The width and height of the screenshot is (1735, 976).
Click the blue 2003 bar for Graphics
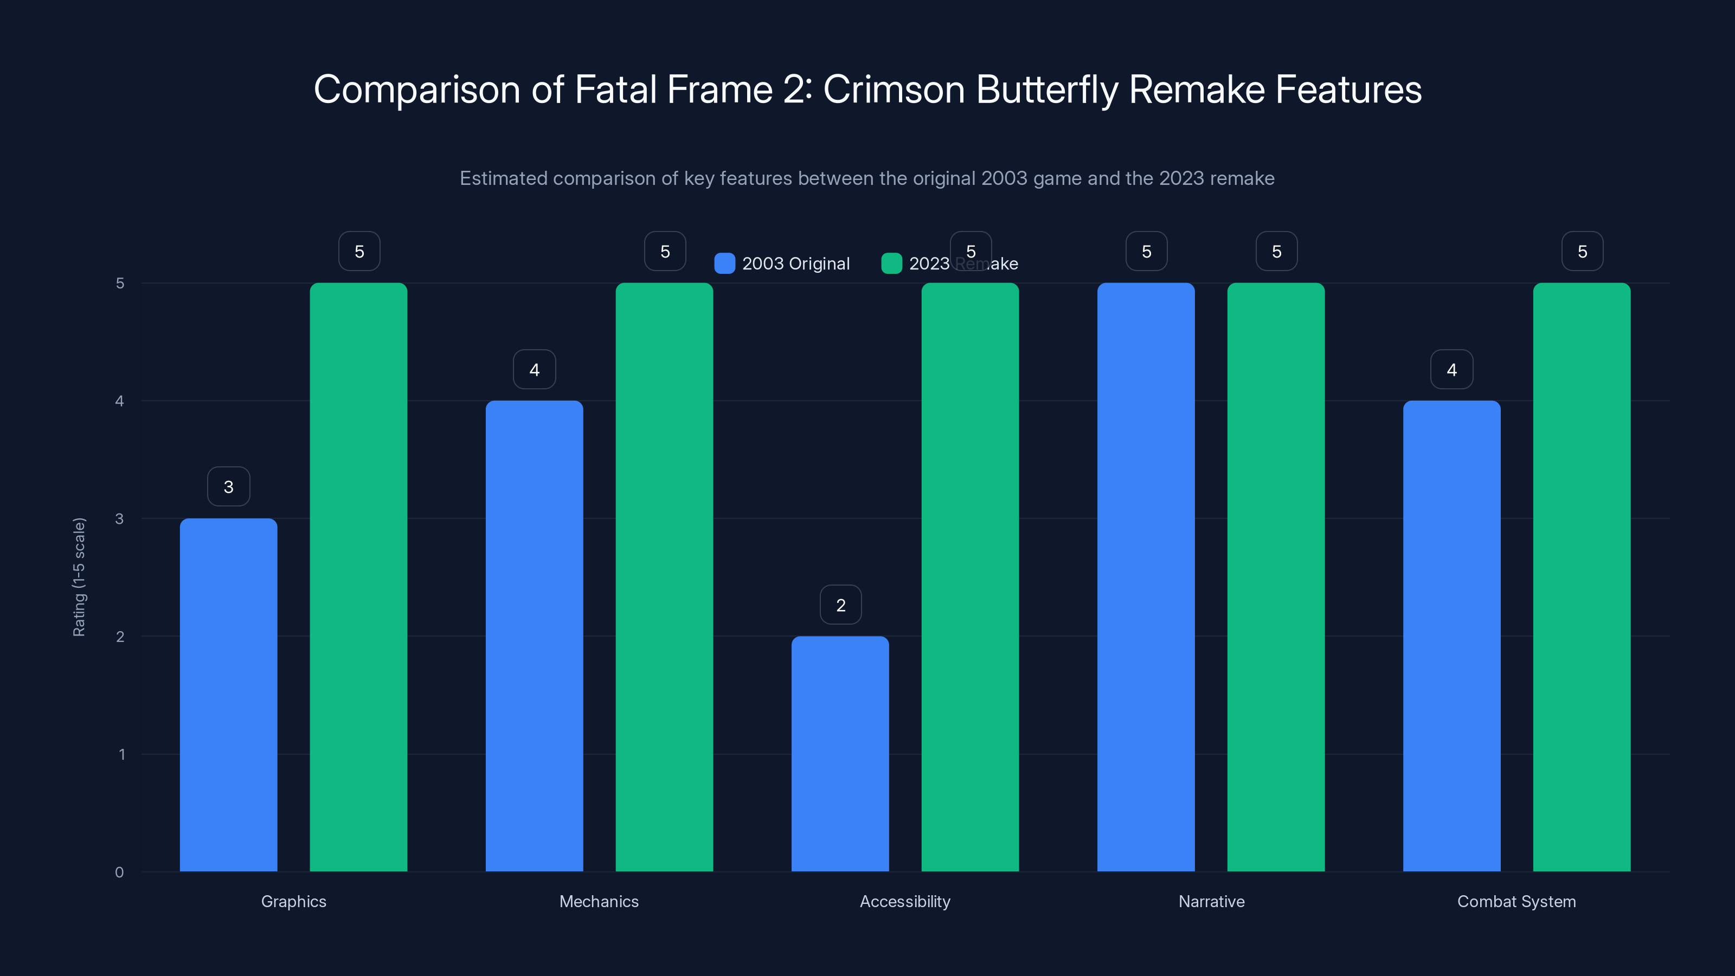pos(228,695)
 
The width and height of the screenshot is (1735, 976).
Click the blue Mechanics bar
pos(534,636)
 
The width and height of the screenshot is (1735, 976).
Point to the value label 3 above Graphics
pos(228,487)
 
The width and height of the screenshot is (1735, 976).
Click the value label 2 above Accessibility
pos(840,605)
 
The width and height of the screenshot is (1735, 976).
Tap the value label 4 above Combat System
pos(1451,370)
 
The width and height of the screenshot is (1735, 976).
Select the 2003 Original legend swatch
pos(724,264)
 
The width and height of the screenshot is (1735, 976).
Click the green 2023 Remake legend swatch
pos(891,264)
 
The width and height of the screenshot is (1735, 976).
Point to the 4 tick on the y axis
pos(120,401)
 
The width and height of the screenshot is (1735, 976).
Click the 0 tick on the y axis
pos(120,872)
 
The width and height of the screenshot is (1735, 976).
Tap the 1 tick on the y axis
pos(121,754)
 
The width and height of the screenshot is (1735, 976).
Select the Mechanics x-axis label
pos(599,901)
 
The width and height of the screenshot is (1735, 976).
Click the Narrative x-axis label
pos(1211,901)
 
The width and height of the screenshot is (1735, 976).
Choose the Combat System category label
pos(1516,901)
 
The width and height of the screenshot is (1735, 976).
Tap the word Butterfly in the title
pos(1046,89)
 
